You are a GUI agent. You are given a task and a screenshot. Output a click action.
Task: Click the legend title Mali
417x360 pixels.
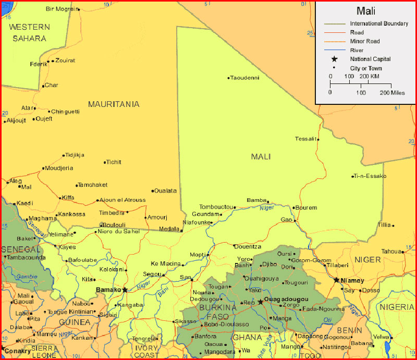point(366,11)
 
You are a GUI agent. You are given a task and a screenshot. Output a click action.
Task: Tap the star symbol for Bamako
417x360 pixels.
point(125,290)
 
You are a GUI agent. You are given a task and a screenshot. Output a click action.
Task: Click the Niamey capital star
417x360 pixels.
point(336,280)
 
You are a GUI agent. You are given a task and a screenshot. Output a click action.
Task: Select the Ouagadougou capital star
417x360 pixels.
point(261,302)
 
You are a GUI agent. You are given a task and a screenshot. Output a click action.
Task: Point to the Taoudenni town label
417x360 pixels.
point(244,78)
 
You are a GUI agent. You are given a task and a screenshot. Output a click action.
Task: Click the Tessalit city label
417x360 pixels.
point(305,139)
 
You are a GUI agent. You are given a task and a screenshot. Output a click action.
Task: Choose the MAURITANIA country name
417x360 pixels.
point(114,104)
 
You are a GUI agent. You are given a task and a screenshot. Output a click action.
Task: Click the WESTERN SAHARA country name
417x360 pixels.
point(30,32)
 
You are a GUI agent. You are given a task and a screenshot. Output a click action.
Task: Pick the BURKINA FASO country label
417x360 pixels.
point(218,312)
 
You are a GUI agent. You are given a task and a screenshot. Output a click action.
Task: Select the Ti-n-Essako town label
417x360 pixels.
point(370,176)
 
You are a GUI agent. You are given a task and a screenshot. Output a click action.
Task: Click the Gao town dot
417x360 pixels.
point(295,220)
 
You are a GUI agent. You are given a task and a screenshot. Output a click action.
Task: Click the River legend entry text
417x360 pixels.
point(357,50)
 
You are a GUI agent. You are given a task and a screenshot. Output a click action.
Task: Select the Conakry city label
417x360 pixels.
point(18,351)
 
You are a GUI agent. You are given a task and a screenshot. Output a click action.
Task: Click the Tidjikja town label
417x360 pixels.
point(74,155)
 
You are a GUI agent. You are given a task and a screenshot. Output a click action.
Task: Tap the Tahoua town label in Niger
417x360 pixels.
point(391,251)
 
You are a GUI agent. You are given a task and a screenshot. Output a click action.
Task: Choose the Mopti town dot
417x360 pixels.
point(208,255)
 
